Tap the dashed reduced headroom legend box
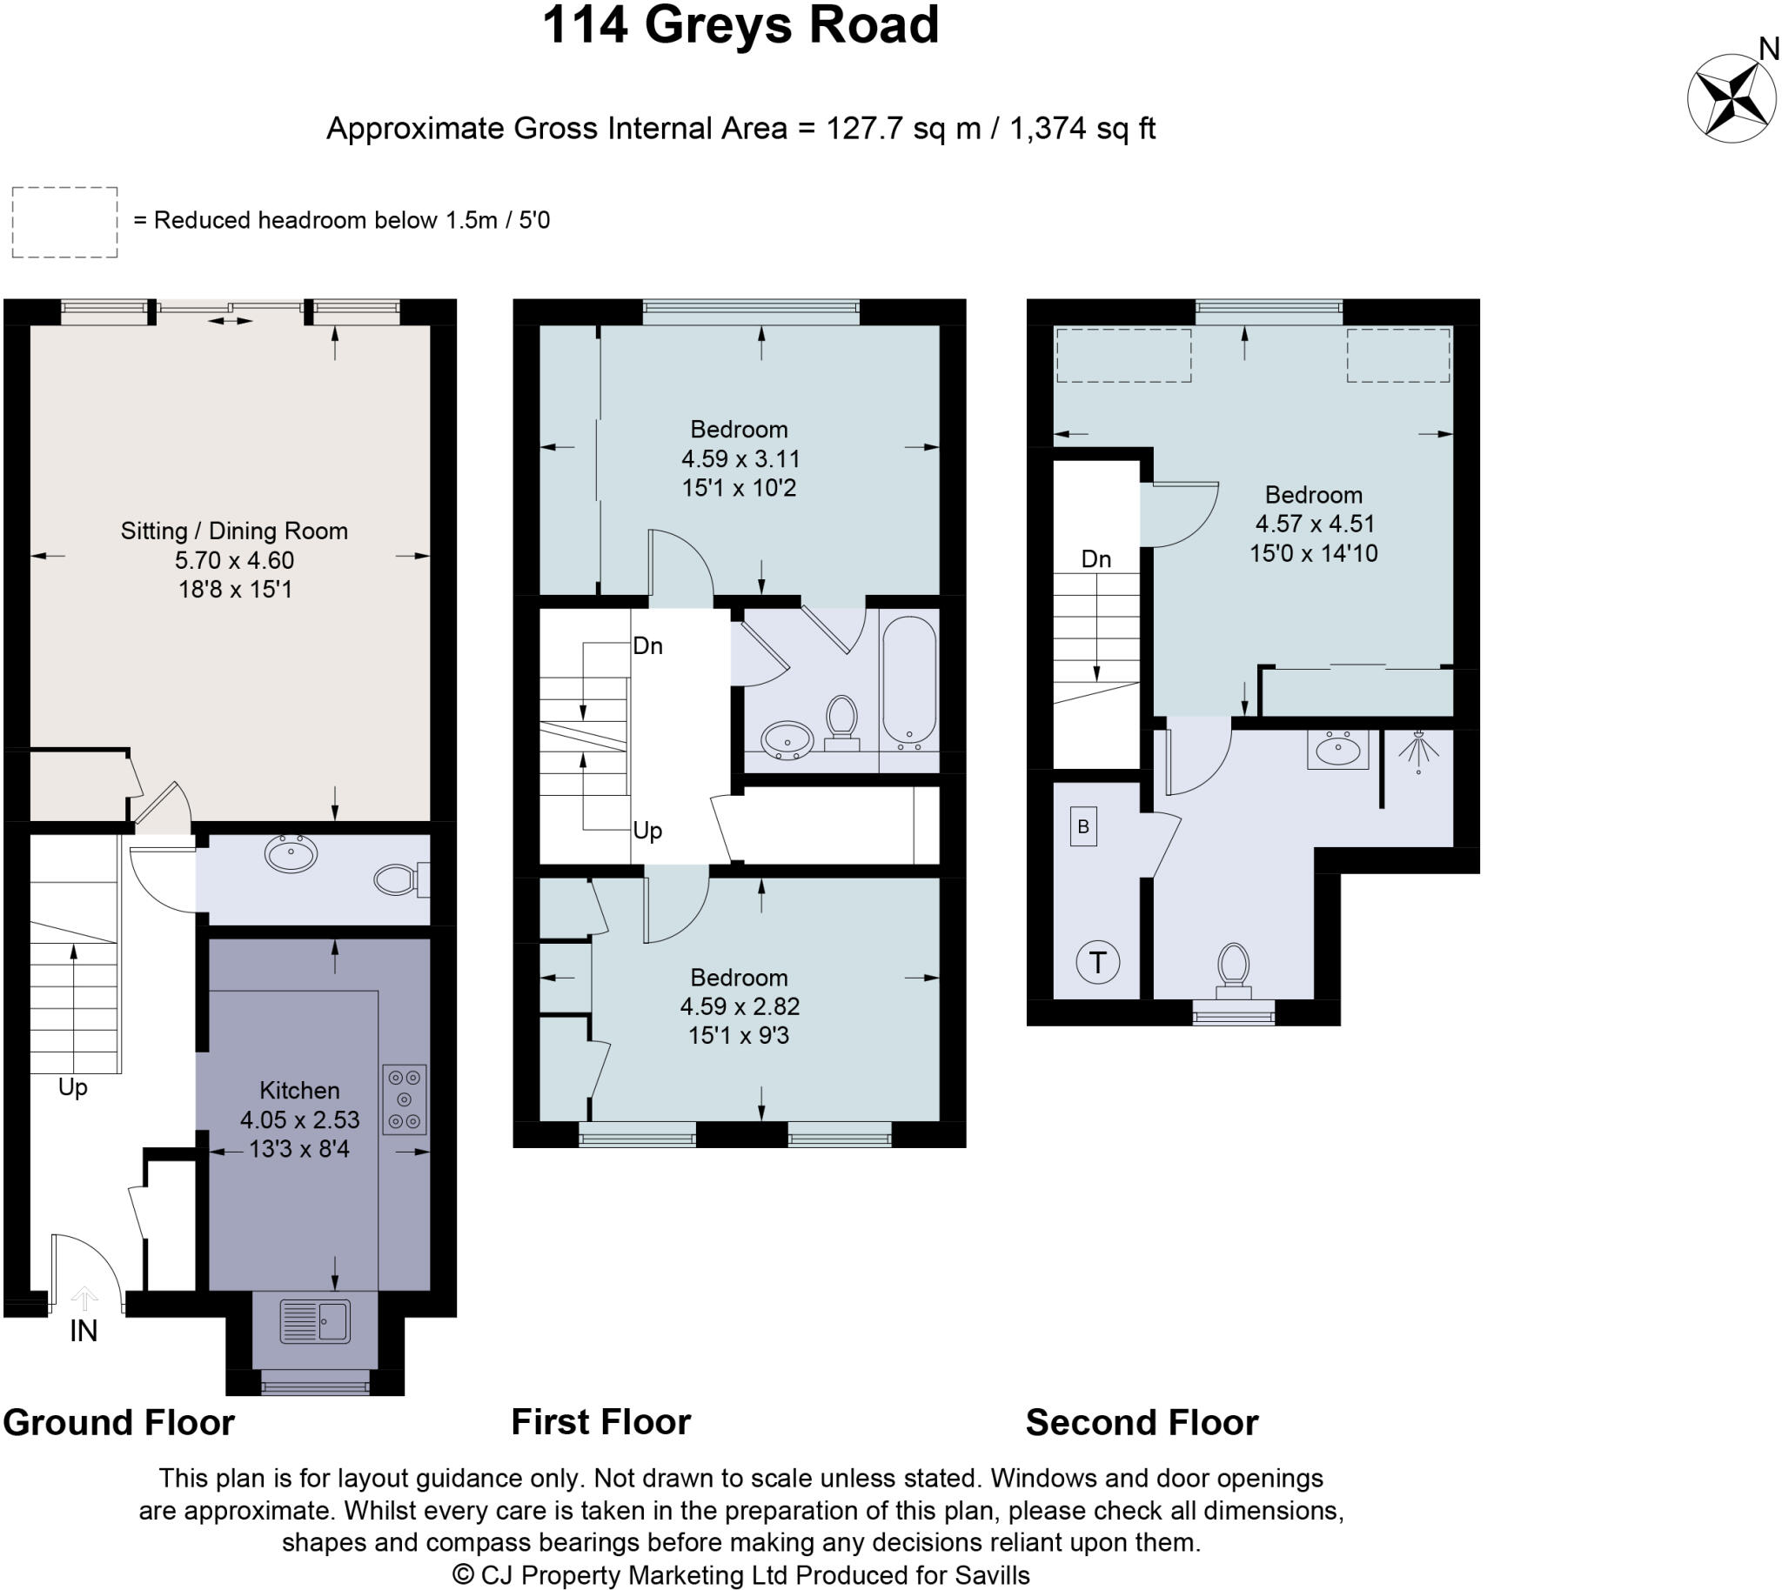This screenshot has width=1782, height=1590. click(x=64, y=222)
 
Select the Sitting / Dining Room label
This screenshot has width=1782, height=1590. click(x=234, y=531)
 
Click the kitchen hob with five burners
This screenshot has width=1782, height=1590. click(x=404, y=1099)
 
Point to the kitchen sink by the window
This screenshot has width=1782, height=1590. click(x=315, y=1321)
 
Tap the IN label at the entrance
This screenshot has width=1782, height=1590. click(x=83, y=1332)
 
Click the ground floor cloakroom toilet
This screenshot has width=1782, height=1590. click(x=400, y=879)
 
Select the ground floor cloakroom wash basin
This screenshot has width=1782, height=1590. click(x=291, y=853)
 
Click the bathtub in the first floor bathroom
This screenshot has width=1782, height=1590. click(x=909, y=681)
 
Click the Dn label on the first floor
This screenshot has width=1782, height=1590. click(x=647, y=646)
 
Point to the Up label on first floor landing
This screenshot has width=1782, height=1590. click(x=647, y=831)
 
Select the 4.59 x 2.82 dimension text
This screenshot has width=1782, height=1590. click(x=740, y=1006)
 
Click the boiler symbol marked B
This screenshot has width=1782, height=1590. click(x=1082, y=826)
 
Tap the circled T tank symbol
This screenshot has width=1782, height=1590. click(x=1097, y=962)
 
